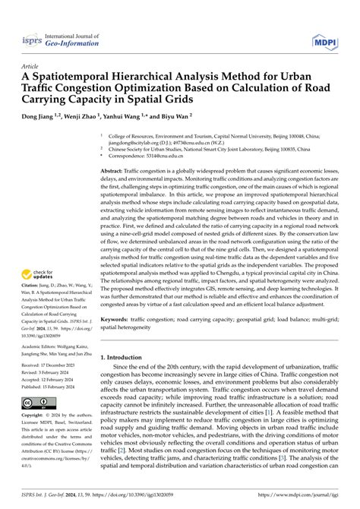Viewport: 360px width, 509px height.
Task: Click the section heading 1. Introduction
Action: pyautogui.click(x=125, y=356)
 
